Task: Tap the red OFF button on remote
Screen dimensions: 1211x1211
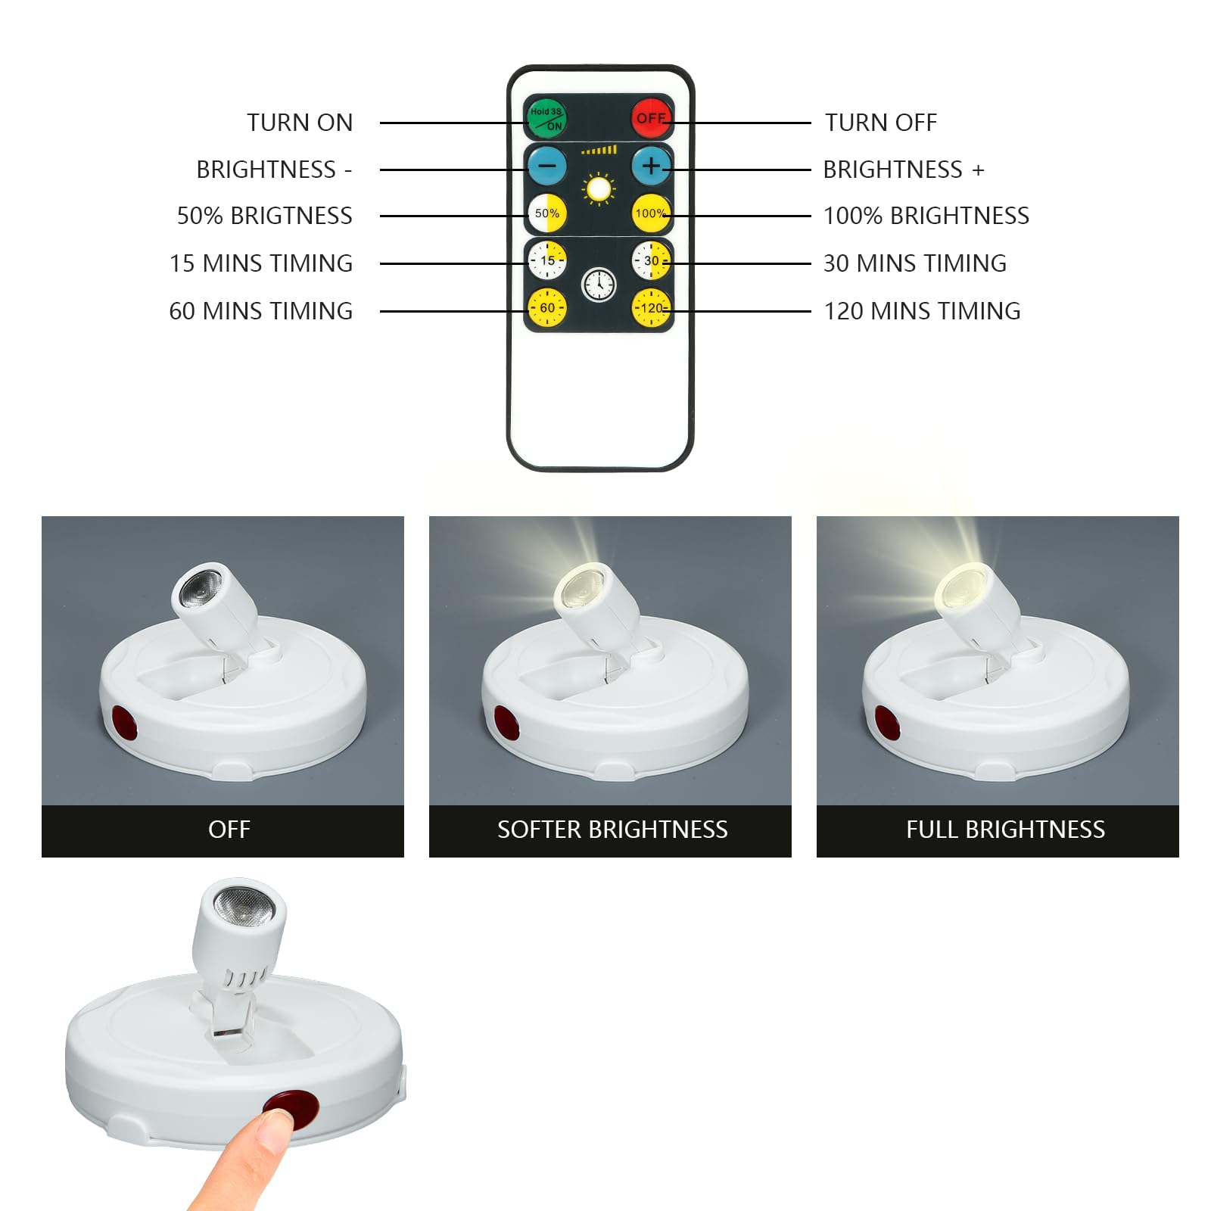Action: tap(650, 117)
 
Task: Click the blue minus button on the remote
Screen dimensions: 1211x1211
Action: tap(546, 165)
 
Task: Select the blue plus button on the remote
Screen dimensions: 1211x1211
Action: tap(650, 165)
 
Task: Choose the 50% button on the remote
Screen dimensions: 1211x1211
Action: tap(546, 213)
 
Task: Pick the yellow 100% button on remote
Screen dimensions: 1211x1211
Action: tap(650, 213)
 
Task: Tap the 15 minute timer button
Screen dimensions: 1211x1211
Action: tap(546, 260)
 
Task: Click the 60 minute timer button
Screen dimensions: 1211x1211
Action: tap(546, 307)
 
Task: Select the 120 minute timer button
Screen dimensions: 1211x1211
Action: tap(650, 307)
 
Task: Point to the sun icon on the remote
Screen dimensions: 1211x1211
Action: tap(599, 189)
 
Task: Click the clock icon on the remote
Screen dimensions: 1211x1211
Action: tap(599, 285)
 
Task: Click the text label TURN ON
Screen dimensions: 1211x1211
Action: tap(300, 123)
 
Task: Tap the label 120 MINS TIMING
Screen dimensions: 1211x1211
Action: tap(922, 311)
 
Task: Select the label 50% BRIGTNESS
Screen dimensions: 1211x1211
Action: tap(264, 216)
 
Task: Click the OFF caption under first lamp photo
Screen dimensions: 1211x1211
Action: tap(229, 830)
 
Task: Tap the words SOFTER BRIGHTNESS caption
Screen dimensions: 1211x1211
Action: tap(612, 830)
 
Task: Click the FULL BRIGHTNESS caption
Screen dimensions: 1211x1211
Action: tap(1005, 830)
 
